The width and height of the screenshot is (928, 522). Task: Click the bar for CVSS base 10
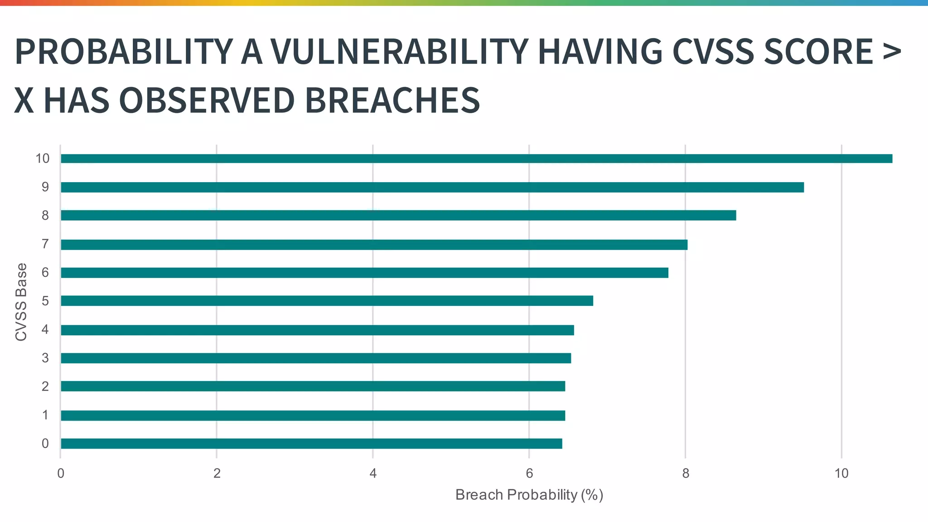pos(476,159)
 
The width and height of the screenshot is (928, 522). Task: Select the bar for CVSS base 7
pos(374,245)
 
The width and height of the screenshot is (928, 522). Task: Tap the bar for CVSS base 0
pos(311,444)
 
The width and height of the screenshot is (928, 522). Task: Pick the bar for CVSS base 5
pos(326,301)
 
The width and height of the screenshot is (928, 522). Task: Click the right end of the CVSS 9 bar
pos(802,187)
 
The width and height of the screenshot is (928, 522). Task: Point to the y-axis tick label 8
pos(45,216)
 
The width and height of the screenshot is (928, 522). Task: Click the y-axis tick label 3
pos(45,358)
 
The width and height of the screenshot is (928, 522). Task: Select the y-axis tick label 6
pos(45,273)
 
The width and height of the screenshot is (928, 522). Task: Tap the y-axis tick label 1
pos(45,415)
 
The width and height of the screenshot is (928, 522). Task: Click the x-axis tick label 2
pos(217,474)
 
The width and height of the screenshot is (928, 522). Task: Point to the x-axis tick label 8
pos(686,474)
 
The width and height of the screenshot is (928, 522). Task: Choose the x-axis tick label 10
pos(841,474)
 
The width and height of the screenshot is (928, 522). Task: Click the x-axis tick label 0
pos(60,474)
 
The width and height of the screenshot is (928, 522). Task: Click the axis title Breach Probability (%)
pos(529,495)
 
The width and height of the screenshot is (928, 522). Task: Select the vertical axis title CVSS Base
pos(21,302)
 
